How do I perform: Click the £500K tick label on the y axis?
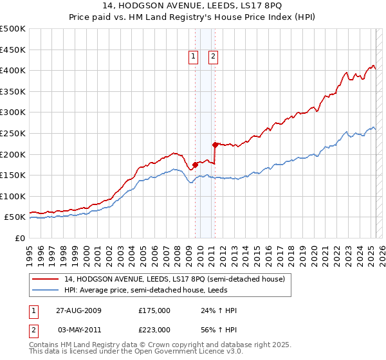[x=13, y=29]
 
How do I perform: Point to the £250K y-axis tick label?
[x=13, y=133]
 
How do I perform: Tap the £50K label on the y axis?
[x=15, y=217]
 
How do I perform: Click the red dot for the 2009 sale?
[x=196, y=165]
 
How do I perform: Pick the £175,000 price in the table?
[x=154, y=310]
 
